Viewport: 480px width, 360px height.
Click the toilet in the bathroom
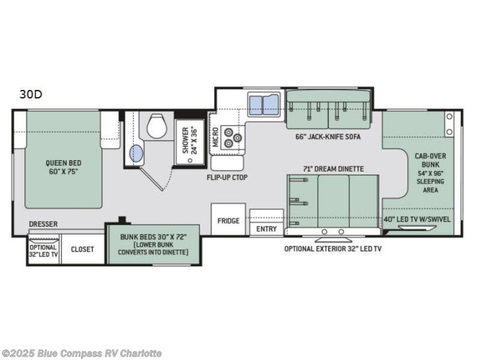point(157,126)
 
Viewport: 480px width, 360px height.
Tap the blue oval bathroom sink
point(136,154)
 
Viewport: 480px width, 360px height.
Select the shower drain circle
point(190,160)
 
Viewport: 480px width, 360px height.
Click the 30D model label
point(31,94)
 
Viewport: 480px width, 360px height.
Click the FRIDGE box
point(228,219)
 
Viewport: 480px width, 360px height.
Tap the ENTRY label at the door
point(266,229)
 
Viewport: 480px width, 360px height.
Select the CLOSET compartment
point(82,249)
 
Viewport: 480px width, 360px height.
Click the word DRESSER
point(44,224)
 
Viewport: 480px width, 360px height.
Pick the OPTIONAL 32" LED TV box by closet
point(44,249)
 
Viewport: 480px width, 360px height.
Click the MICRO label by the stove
point(215,137)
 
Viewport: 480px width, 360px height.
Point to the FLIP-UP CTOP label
point(227,177)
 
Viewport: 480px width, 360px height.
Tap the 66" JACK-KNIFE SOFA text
point(328,137)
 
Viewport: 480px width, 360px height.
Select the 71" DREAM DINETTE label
point(333,169)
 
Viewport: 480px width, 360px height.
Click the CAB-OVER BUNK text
point(430,160)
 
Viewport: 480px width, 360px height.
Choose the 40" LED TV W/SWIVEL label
point(417,219)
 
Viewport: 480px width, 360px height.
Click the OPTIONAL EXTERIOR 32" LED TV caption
point(333,249)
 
